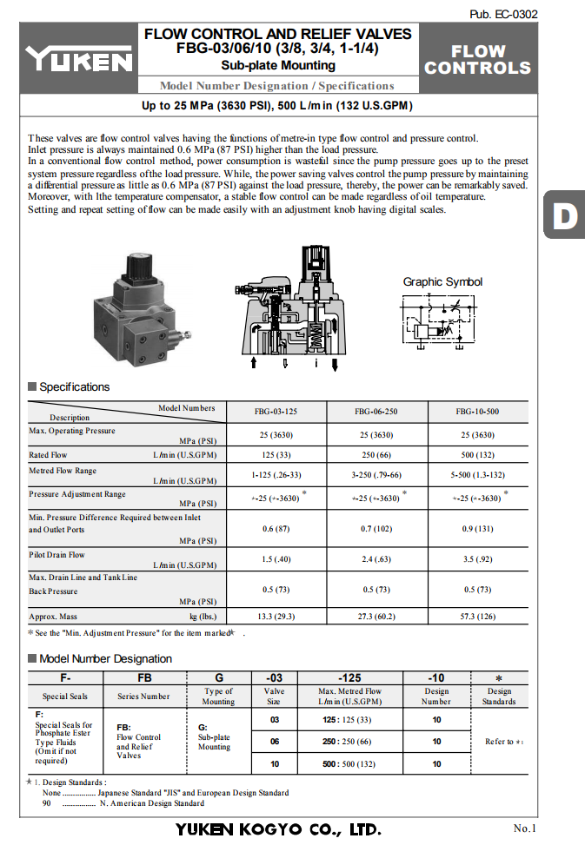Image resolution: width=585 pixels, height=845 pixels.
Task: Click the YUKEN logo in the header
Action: [x=78, y=59]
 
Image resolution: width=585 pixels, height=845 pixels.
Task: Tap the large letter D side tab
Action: [x=565, y=215]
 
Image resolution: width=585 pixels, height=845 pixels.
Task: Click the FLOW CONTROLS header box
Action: [x=477, y=59]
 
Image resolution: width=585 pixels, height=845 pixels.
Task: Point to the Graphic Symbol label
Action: [x=442, y=281]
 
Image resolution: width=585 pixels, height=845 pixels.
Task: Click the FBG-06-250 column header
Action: [x=376, y=412]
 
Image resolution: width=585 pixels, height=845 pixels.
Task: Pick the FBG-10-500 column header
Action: [x=477, y=412]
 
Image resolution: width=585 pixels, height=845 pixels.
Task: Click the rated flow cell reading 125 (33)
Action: [x=276, y=454]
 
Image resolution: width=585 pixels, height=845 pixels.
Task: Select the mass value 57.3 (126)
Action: [x=477, y=617]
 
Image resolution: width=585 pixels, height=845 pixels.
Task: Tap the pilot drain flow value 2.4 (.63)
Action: [x=376, y=558]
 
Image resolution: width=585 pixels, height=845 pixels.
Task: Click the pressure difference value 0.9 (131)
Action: [x=477, y=528]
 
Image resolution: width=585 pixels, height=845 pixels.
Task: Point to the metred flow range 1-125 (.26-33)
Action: [x=276, y=475]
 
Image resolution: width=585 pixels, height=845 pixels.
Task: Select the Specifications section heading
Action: [x=74, y=386]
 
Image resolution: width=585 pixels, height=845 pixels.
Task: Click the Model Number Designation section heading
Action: [x=105, y=658]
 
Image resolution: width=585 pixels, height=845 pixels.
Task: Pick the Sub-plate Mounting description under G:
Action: [x=214, y=742]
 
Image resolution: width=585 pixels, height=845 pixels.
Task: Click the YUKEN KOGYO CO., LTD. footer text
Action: [x=277, y=828]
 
